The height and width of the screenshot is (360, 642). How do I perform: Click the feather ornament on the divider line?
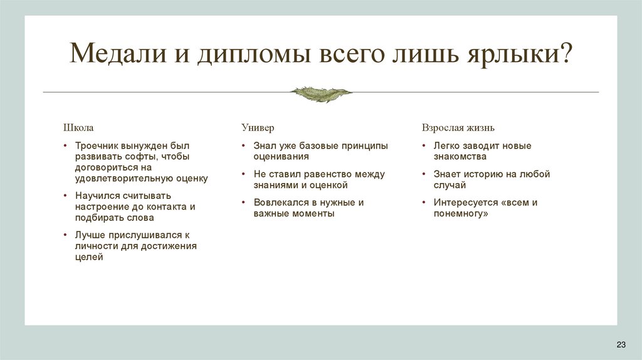coord(321,93)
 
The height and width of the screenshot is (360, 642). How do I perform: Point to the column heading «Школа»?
coord(78,128)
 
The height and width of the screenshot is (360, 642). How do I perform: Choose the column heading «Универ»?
coord(258,128)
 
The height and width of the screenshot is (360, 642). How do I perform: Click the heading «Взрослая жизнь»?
coord(458,128)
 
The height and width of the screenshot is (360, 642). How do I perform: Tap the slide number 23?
coord(621,345)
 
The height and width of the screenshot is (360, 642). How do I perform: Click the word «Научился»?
coord(97,196)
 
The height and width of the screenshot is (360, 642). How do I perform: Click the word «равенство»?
coord(328,174)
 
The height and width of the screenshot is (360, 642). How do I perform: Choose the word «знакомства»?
coord(460,157)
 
